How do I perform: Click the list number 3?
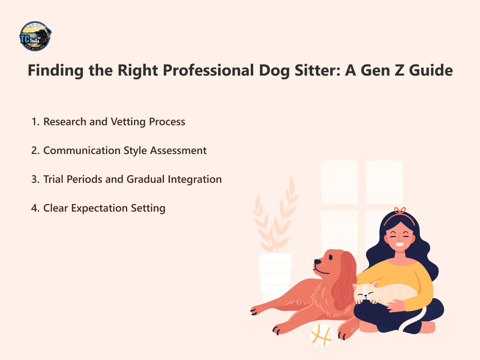tap(34, 179)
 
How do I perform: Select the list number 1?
tap(34, 122)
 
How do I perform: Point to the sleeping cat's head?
tap(365, 294)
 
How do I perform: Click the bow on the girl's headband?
tap(400, 211)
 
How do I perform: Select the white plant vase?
tap(275, 276)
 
